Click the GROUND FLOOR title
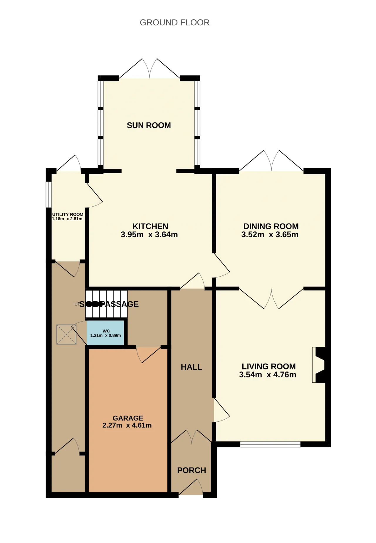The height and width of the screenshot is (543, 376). [x=174, y=23]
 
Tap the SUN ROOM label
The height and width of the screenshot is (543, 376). [x=149, y=125]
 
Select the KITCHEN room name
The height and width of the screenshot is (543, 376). [x=150, y=226]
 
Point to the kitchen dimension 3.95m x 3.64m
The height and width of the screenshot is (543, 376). [x=149, y=235]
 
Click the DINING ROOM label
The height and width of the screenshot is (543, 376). [x=271, y=226]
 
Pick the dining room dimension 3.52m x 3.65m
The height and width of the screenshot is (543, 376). [x=270, y=235]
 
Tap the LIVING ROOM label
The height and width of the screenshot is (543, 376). [x=269, y=367]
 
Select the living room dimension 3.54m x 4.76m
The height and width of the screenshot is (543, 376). [x=268, y=375]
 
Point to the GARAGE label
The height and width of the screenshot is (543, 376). [x=128, y=418]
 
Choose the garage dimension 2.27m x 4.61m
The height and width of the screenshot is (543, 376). [x=127, y=425]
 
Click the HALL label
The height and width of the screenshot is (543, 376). [x=192, y=367]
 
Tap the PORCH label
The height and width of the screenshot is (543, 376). [x=192, y=470]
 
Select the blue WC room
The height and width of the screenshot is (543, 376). [x=105, y=333]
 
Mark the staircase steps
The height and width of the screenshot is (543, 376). [x=106, y=304]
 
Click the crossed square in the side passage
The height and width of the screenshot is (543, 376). [x=66, y=334]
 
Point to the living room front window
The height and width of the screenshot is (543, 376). [x=270, y=444]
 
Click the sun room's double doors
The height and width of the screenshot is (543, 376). [x=150, y=68]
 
